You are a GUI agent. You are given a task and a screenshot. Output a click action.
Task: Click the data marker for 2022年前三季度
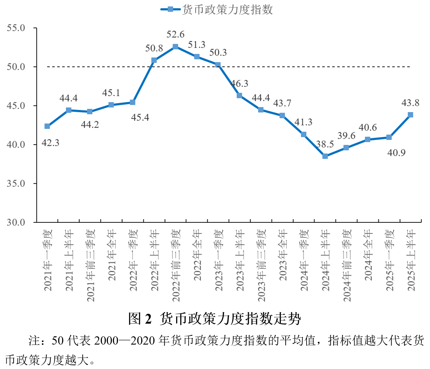[x=175, y=47]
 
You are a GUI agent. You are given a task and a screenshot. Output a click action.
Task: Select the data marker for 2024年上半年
[x=325, y=156]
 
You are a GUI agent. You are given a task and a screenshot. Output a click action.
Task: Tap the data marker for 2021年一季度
[x=47, y=126]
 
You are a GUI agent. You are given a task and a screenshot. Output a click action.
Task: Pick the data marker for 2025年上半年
[x=410, y=115]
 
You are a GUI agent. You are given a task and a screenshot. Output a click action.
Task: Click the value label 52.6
[x=175, y=34]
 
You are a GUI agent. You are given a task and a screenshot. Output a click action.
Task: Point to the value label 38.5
[x=325, y=144]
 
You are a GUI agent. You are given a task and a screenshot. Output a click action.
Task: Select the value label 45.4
[x=140, y=117]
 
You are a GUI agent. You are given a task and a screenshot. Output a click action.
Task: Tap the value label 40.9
[x=396, y=153]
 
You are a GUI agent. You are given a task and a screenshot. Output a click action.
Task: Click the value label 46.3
[x=240, y=84]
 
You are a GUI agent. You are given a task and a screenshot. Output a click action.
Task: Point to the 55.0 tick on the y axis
[x=16, y=28]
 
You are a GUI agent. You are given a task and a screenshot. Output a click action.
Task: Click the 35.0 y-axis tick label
[x=16, y=183]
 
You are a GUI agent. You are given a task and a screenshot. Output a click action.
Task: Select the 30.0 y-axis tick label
[x=16, y=222]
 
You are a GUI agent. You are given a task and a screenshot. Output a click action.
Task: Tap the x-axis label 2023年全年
[x=282, y=255]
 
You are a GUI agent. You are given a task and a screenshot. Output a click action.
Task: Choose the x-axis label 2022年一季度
[x=133, y=260]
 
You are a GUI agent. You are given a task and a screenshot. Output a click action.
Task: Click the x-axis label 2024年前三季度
[x=347, y=265]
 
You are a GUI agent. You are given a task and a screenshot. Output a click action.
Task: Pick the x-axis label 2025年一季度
[x=390, y=260]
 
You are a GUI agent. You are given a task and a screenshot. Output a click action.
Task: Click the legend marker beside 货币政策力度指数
[x=170, y=9]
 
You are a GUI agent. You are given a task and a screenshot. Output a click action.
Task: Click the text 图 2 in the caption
[x=140, y=319]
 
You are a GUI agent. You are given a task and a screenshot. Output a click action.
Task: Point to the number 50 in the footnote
[x=58, y=340]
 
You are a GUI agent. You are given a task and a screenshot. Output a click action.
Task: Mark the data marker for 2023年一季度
[x=218, y=65]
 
